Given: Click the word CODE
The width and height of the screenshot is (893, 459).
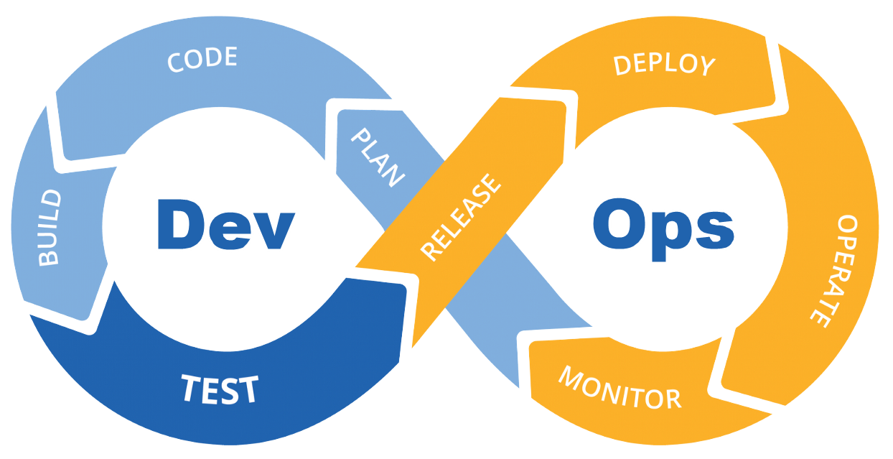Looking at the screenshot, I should (x=202, y=59).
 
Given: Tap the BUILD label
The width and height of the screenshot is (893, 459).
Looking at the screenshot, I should (x=50, y=228).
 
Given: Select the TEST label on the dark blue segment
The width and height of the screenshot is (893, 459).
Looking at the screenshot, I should (x=219, y=389).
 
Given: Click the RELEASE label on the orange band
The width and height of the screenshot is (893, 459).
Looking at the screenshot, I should (x=460, y=217).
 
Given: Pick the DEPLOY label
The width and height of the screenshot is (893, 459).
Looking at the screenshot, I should (x=665, y=65).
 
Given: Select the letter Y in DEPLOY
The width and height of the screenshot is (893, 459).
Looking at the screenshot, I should (x=706, y=67).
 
